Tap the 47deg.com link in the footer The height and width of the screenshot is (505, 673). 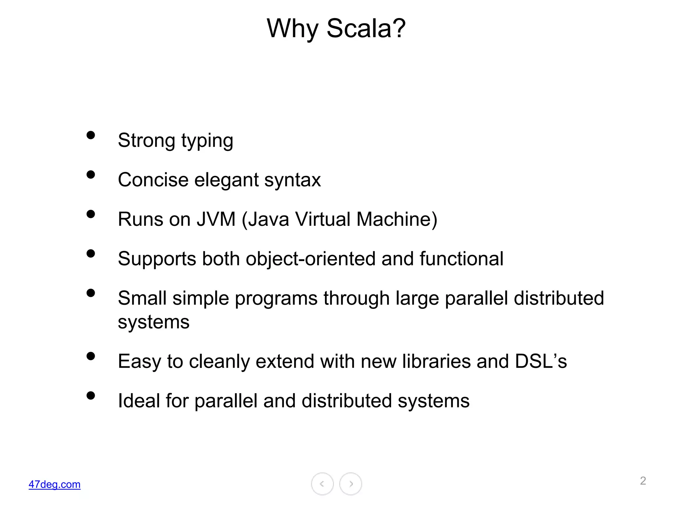55,484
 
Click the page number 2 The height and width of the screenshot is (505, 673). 643,481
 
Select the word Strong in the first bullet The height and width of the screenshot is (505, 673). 146,140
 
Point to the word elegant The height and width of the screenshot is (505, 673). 226,180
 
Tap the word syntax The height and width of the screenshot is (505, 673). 292,181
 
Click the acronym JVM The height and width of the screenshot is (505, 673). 216,219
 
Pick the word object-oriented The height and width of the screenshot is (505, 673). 311,259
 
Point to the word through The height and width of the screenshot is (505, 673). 356,299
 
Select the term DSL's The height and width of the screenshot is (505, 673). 541,361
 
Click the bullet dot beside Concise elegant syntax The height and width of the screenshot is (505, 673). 91,175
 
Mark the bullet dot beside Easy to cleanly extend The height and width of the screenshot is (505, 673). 91,356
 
